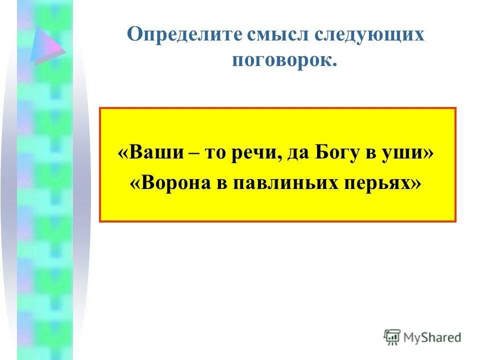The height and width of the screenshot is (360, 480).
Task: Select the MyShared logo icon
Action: click(392, 337)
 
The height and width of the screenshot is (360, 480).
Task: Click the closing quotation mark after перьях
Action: click(415, 183)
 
